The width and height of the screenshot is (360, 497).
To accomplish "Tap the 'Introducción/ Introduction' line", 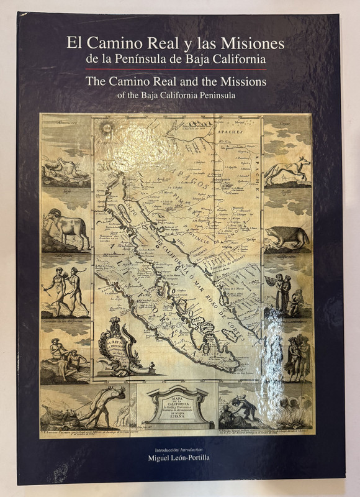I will (x=179, y=449).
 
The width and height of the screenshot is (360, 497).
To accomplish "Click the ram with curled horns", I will (x=66, y=226).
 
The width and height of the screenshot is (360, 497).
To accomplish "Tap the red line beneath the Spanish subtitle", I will (x=179, y=68).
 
